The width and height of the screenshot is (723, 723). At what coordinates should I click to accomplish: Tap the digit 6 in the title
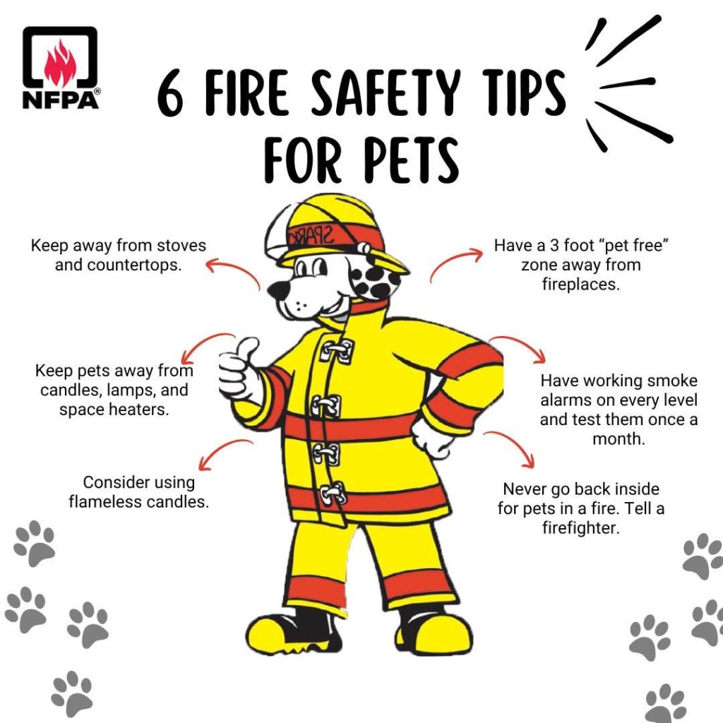tap(170, 94)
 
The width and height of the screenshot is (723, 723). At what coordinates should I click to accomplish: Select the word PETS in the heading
tap(412, 160)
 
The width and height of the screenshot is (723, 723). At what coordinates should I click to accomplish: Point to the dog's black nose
tap(278, 289)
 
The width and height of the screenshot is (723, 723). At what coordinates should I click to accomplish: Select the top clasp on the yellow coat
tap(338, 352)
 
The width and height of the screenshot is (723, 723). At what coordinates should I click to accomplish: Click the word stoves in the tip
tap(181, 245)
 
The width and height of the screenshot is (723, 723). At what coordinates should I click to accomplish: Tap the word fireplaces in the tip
tap(580, 285)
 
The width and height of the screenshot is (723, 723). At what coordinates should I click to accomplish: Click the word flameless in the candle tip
tap(97, 502)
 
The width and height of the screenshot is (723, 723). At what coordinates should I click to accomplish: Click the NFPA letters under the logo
tap(61, 99)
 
